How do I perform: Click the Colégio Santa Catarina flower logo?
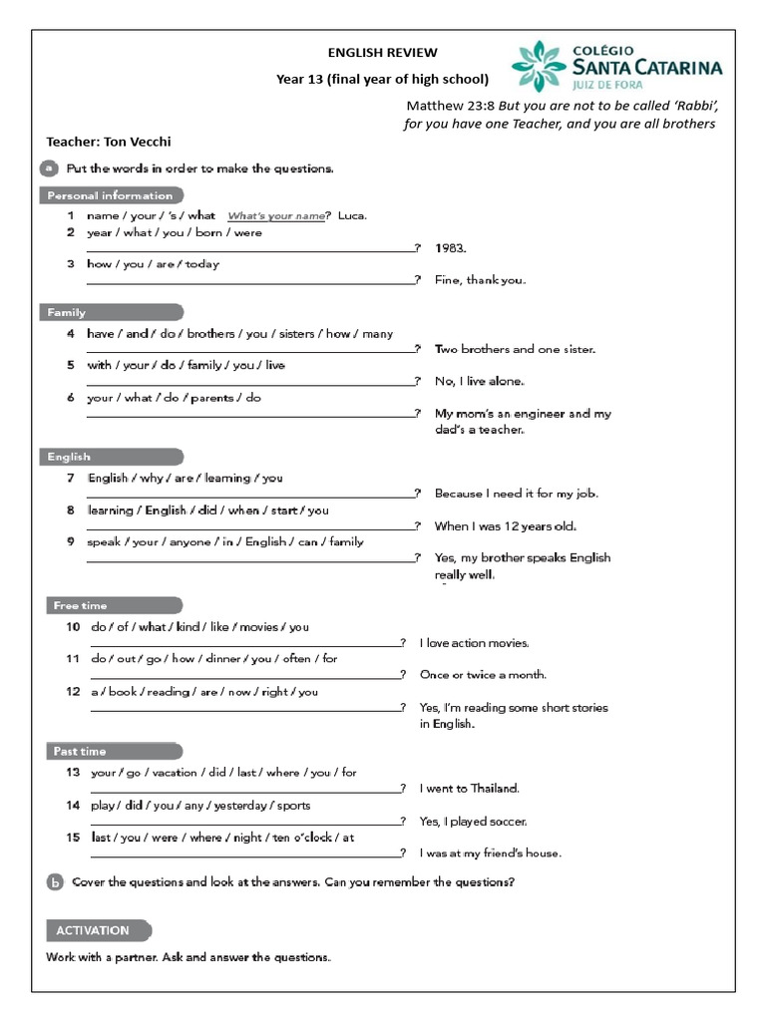point(539,67)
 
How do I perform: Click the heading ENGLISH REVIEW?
point(383,53)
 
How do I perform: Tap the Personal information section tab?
point(112,195)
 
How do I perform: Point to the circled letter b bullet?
point(55,882)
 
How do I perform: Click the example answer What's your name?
point(276,215)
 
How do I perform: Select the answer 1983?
point(451,248)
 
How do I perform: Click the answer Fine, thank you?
point(480,280)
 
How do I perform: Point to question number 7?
point(71,478)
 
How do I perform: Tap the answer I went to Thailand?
point(470,789)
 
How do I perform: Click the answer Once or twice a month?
point(483,675)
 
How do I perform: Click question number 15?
point(73,838)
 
